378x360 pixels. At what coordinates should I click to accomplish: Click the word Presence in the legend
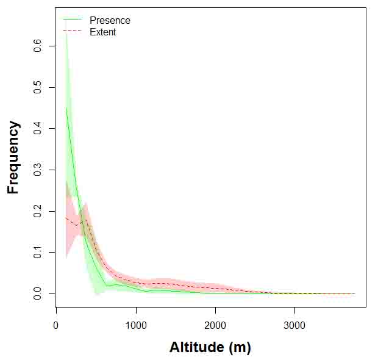tap(110, 20)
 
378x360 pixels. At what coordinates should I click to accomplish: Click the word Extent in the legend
tap(102, 32)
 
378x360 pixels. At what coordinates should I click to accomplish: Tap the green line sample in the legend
tap(73, 20)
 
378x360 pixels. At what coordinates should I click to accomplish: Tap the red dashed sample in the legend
tap(73, 32)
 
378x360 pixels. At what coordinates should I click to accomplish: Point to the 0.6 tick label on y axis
tap(38, 45)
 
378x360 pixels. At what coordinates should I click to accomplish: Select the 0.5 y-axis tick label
tap(38, 87)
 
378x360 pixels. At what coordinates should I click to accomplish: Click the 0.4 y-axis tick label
tap(38, 128)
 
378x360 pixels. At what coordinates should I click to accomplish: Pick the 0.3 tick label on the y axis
tap(38, 170)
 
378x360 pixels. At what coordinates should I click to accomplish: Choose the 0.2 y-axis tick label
tap(38, 211)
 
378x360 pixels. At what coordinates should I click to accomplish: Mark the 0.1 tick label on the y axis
tap(38, 253)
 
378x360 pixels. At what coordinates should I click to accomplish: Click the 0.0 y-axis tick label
tap(38, 294)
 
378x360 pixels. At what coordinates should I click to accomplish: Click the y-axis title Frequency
tap(13, 157)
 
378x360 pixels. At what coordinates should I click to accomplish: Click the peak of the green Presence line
tap(66, 108)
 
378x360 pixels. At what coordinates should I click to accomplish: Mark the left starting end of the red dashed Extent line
tap(66, 218)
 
